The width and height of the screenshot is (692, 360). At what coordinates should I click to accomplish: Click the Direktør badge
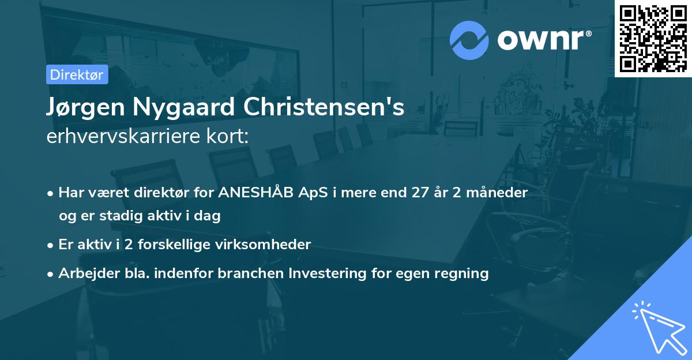[77, 74]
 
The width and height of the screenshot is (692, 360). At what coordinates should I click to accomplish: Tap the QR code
[653, 38]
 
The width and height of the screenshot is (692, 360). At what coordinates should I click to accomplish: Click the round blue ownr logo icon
[469, 40]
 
